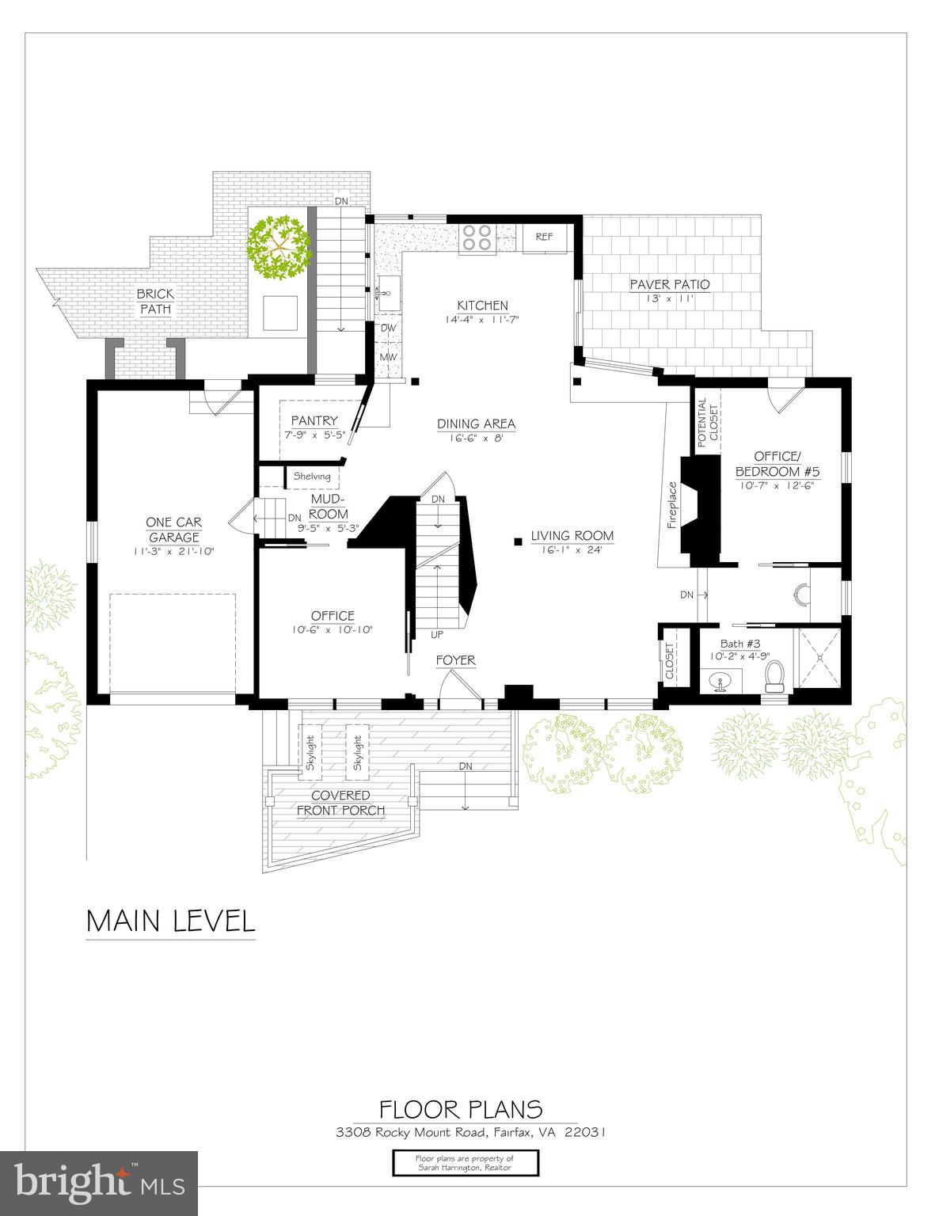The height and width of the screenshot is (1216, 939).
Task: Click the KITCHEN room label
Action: click(482, 306)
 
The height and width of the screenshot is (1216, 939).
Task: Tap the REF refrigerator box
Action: click(544, 237)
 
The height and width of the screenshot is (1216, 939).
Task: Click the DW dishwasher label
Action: click(388, 327)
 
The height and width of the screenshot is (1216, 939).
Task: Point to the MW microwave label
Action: click(388, 357)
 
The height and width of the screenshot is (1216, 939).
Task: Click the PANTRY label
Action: click(314, 420)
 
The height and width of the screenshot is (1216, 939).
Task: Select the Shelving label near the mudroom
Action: click(312, 477)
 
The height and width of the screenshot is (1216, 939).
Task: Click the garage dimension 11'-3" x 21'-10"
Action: click(173, 551)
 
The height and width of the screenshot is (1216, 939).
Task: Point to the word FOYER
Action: click(456, 660)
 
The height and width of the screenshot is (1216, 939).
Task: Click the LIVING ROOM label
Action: click(572, 536)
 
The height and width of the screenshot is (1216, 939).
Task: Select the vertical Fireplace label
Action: click(672, 505)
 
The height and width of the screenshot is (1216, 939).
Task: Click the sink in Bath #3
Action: click(720, 682)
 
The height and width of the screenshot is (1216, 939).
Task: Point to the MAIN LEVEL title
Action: click(171, 921)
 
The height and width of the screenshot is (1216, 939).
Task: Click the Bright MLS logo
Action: click(99, 1184)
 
